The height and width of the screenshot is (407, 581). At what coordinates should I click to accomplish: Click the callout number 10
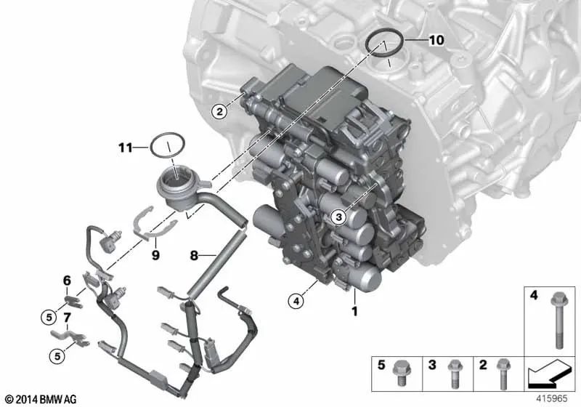(436, 41)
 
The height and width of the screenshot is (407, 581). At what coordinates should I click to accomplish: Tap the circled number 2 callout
(217, 111)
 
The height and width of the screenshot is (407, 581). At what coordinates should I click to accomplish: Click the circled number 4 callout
(294, 299)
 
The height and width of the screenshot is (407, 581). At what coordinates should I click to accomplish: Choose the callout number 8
(194, 255)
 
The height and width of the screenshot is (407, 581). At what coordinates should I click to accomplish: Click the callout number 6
(66, 280)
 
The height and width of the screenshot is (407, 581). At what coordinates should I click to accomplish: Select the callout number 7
(66, 317)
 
